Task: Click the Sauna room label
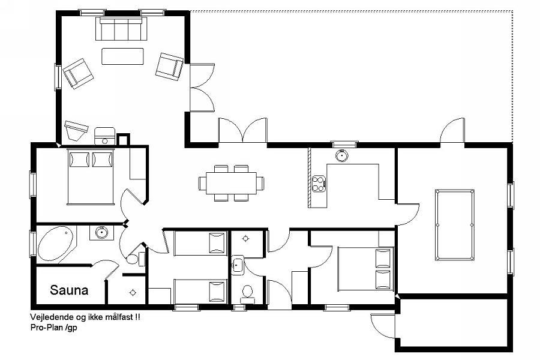pyautogui.click(x=69, y=290)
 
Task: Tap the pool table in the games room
pyautogui.click(x=455, y=224)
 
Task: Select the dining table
pyautogui.click(x=231, y=183)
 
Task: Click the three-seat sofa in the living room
pyautogui.click(x=121, y=29)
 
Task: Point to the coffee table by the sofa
pyautogui.click(x=122, y=56)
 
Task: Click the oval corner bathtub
pyautogui.click(x=56, y=244)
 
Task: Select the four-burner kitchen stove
pyautogui.click(x=319, y=183)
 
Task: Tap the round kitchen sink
pyautogui.click(x=341, y=155)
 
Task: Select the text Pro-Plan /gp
pyautogui.click(x=54, y=327)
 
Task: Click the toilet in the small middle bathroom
pyautogui.click(x=247, y=295)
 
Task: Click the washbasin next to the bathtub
pyautogui.click(x=101, y=233)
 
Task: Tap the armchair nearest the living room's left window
pyautogui.click(x=78, y=73)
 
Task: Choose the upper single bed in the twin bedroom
pyautogui.click(x=200, y=243)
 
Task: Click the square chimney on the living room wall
pyautogui.click(x=123, y=139)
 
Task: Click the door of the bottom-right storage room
pyautogui.click(x=382, y=326)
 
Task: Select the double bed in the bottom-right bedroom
pyautogui.click(x=365, y=269)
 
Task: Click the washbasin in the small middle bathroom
pyautogui.click(x=237, y=265)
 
